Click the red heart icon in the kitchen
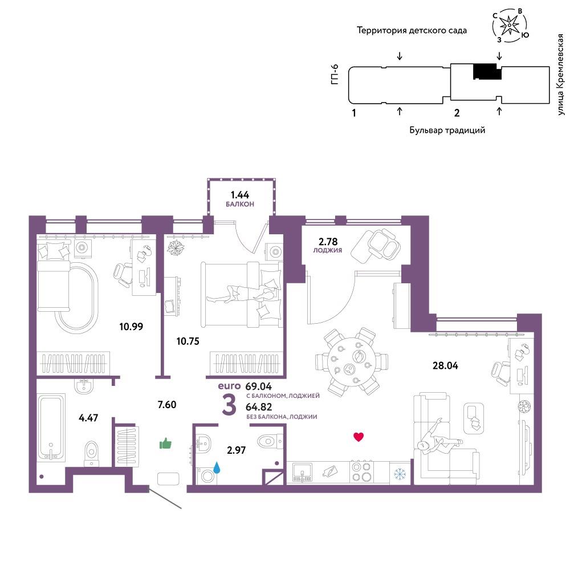point(359,437)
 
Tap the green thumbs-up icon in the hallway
point(165,443)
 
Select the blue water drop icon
point(217,468)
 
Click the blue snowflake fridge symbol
point(400,473)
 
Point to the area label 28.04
point(445,365)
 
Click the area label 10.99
point(131,327)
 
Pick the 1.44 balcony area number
point(240,195)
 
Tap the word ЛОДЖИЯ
point(328,250)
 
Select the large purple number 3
point(229,405)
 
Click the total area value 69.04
point(258,386)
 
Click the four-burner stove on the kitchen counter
point(362,472)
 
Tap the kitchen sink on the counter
point(302,473)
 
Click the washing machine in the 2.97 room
point(207,475)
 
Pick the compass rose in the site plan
point(510,25)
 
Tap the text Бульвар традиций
point(447,130)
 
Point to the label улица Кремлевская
point(560,75)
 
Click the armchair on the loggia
point(376,245)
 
